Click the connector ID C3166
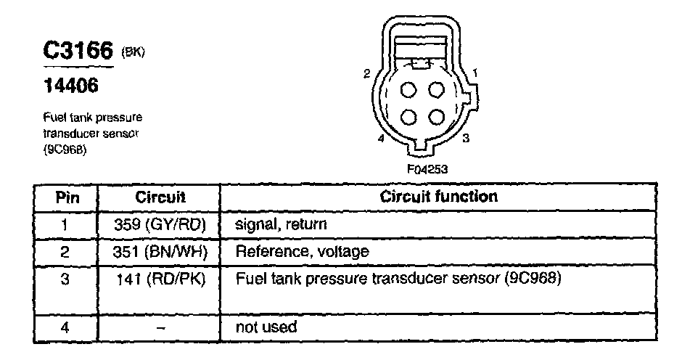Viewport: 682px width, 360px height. (78, 51)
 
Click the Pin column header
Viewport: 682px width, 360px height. (66, 197)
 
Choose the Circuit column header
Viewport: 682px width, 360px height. (160, 197)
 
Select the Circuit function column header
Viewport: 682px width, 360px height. (439, 197)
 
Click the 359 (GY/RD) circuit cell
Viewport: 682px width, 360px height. (160, 224)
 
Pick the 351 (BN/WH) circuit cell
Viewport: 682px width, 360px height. (160, 252)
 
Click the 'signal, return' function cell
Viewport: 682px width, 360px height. (281, 224)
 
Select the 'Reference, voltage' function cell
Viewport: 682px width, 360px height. (302, 252)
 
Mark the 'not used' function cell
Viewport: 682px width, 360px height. (266, 327)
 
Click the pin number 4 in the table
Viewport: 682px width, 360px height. (65, 327)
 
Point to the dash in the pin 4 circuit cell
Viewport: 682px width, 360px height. (161, 327)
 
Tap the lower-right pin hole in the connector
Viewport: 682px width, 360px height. (436, 116)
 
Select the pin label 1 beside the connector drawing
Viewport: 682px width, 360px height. (474, 73)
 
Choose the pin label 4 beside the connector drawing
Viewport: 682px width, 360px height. (380, 138)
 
